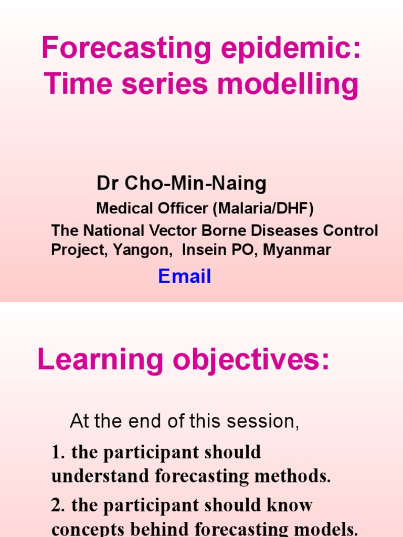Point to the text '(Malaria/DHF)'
coord(263,209)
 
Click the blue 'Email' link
coord(185,276)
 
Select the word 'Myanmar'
coord(297,250)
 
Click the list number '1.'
coord(58,452)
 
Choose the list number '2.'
coord(58,506)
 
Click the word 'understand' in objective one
coord(100,476)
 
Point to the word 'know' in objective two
coord(291,506)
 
